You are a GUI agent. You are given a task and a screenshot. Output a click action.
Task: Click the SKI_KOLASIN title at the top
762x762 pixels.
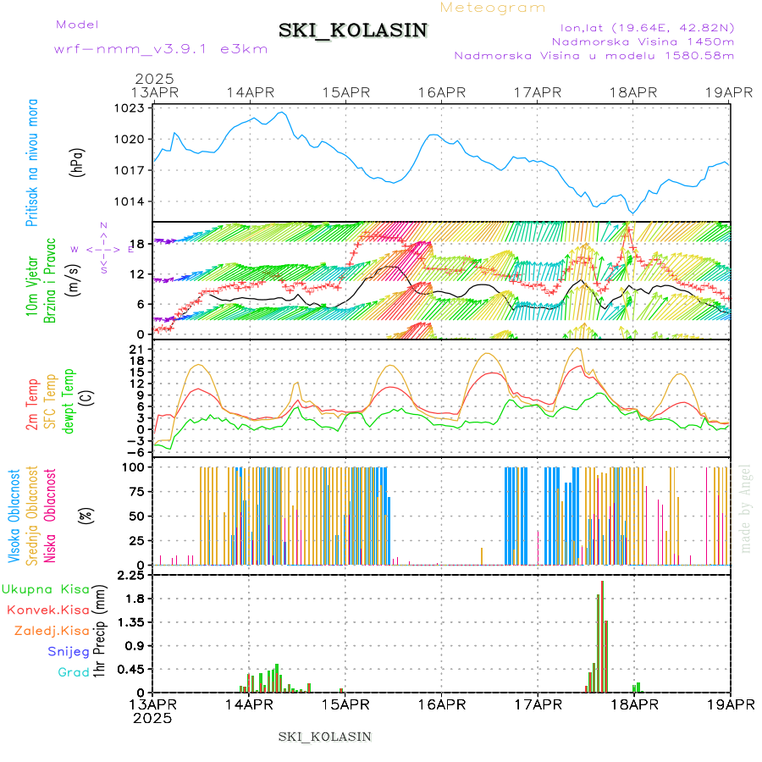[x=353, y=30]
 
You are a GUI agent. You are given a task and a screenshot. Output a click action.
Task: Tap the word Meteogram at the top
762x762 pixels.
[x=494, y=8]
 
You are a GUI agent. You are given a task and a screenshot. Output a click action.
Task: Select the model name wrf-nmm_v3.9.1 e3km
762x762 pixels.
[x=161, y=49]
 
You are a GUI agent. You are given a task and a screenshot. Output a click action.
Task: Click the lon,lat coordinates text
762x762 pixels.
[x=642, y=27]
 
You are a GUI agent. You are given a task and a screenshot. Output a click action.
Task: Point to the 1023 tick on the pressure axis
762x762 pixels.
[x=131, y=108]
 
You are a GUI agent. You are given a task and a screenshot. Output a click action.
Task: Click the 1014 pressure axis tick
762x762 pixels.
[x=131, y=202]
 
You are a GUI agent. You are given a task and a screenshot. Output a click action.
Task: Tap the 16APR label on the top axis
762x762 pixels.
[x=441, y=92]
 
